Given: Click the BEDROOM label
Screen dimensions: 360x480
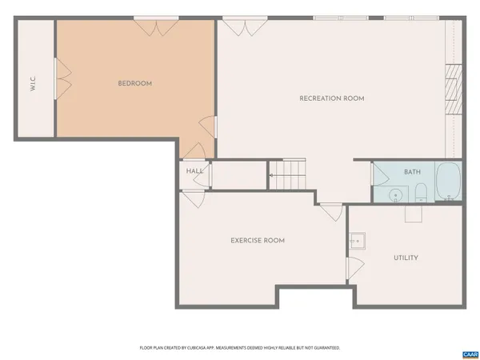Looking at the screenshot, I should (x=134, y=83).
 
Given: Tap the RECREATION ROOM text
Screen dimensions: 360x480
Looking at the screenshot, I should (x=331, y=98).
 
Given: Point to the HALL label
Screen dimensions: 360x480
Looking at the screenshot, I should (x=194, y=171).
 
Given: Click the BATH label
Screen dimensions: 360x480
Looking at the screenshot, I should (x=412, y=172).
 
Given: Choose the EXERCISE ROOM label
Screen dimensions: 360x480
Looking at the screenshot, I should (x=258, y=240).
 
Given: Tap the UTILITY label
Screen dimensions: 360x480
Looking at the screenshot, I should (x=406, y=258).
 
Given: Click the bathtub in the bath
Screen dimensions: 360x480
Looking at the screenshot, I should (x=448, y=182).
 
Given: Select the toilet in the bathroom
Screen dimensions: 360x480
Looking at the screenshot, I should (x=421, y=192).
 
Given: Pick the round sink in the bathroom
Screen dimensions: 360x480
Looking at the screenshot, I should (x=395, y=194).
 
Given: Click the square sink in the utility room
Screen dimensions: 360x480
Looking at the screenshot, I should (x=357, y=240).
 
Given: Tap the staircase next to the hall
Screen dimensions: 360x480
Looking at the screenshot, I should (x=287, y=174).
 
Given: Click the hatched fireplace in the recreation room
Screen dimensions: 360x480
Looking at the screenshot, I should (x=454, y=91).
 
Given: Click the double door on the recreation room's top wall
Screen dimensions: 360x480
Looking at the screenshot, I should (x=234, y=27).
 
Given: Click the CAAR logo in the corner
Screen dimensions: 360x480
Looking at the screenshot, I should (x=470, y=354).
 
